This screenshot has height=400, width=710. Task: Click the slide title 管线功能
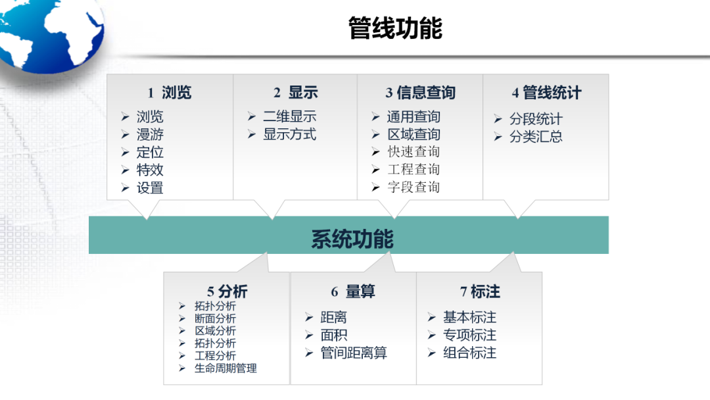coord(395,28)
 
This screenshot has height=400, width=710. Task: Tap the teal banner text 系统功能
coord(352,238)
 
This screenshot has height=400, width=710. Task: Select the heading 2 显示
coord(295,93)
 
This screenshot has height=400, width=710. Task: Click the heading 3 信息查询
coord(420,93)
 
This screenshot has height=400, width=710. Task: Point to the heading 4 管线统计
coord(546,93)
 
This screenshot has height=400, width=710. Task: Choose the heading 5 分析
coord(227,291)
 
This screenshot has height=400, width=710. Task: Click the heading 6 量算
coord(353,291)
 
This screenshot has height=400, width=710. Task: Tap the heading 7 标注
coord(480,291)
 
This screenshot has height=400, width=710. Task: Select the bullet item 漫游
coord(150,135)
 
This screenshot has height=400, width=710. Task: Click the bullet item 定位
coord(150,153)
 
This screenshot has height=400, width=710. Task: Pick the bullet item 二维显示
coord(290,117)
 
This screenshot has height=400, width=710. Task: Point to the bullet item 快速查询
coord(414,152)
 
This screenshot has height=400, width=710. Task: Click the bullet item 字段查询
coord(414,187)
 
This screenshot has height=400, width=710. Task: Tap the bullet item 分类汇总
coord(536,137)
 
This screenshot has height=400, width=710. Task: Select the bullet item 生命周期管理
coord(225,368)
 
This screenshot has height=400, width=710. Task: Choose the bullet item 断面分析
coord(215,318)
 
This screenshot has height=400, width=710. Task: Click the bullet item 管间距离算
coord(354,353)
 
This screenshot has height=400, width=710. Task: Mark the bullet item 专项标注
coord(469,336)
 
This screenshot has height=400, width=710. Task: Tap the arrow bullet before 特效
coord(125,170)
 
